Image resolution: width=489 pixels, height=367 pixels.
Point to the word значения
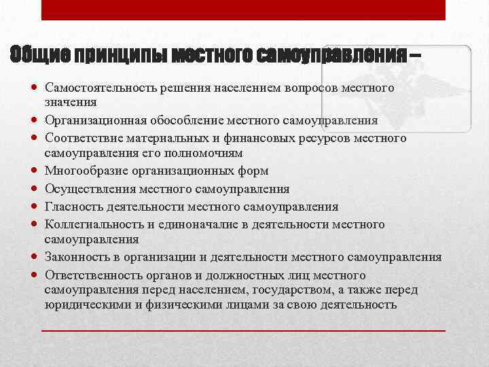click(x=71, y=102)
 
